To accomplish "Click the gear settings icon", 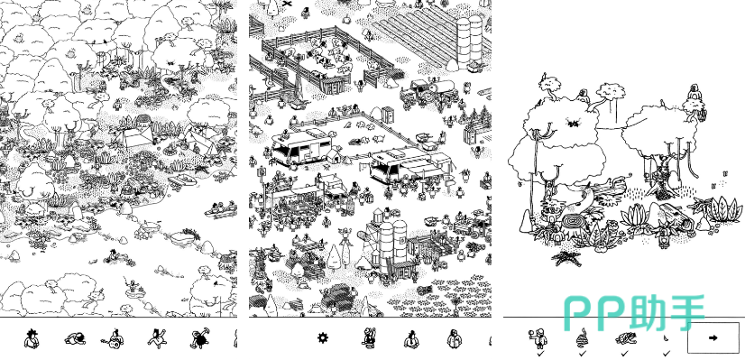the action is coord(323,338).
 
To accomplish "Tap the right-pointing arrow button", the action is coord(713,337).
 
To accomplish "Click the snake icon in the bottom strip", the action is coord(583,337).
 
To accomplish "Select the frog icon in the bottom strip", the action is coord(624,338).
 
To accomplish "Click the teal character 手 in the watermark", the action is coord(685,313).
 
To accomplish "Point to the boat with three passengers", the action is coord(221,208).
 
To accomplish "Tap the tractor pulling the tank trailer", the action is coord(427,92).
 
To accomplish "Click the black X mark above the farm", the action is coord(287,4).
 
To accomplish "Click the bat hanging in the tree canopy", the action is coord(573,124).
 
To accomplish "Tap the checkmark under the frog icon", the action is coord(624,354).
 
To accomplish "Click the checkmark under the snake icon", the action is coord(583,354).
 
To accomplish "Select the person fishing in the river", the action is coord(132,286).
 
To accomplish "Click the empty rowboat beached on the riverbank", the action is coord(183,180).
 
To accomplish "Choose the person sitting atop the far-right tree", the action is coord(694,94).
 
